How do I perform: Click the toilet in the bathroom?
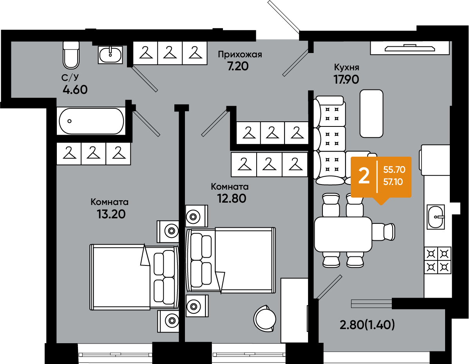coord(71,55)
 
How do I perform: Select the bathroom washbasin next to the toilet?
coord(110,55)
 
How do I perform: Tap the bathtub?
coord(91,121)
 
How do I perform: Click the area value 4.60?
coord(75,90)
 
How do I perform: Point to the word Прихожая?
coord(240,55)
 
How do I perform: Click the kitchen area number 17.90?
coord(346,79)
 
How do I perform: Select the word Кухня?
coord(346,67)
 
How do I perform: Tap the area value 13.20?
coord(111,214)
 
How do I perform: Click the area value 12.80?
coord(232,198)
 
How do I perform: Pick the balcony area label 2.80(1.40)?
coord(367,325)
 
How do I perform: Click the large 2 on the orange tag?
coord(364,176)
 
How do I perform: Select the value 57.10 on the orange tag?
coord(393,182)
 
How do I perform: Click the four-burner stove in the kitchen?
coord(438,261)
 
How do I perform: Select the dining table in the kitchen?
coord(343,234)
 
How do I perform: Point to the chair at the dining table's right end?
coord(384,232)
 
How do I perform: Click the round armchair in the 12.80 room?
coord(265,318)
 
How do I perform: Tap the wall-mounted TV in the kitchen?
coord(410,48)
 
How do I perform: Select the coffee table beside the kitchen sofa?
coord(371,113)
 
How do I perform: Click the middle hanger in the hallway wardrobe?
coord(170,53)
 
